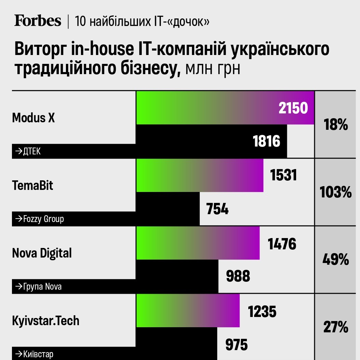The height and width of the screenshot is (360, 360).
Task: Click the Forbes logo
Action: tap(38, 21)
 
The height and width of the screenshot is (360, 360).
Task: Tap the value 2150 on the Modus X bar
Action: tap(293, 108)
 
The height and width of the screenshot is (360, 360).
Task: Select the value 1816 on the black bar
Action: tap(266, 141)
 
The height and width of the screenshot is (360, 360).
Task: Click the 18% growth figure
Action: tap(336, 125)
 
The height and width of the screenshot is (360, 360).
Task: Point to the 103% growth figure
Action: tap(336, 192)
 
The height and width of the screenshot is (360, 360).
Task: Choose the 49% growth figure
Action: tap(336, 260)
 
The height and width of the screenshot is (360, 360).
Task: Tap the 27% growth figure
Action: tap(336, 327)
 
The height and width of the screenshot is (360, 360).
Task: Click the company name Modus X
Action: tap(33, 118)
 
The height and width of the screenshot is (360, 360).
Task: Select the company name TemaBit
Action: tap(33, 185)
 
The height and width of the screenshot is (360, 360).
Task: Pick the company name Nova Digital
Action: tap(42, 253)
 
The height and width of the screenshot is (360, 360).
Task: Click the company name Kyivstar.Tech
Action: tap(46, 321)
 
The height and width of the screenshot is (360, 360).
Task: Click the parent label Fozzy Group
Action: tap(39, 219)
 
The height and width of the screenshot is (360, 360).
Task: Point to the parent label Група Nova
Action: tap(38, 286)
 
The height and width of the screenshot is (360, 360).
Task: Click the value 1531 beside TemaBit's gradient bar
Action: tap(283, 176)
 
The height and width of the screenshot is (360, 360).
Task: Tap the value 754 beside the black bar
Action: tap(217, 209)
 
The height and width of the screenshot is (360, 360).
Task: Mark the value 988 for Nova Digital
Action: tap(238, 276)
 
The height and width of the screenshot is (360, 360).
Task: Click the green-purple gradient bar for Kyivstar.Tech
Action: tap(188, 310)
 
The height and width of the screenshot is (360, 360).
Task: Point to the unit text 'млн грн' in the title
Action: tap(212, 68)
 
